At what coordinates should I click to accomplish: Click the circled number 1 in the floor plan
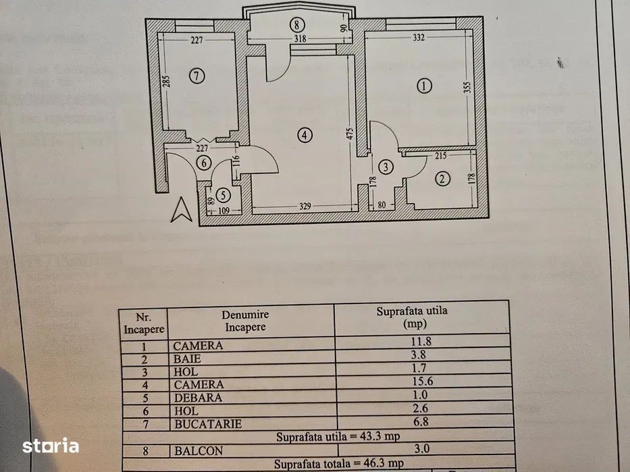[423, 86]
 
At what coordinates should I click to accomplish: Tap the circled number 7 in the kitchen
[196, 76]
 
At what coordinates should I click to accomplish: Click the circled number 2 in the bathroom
[442, 179]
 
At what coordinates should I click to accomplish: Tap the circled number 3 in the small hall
[385, 167]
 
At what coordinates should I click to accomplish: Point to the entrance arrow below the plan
[180, 210]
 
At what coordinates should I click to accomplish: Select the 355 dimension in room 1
[467, 87]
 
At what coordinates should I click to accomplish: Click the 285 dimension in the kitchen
[165, 84]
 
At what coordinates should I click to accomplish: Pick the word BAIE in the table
[185, 359]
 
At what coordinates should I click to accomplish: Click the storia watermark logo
[51, 446]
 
